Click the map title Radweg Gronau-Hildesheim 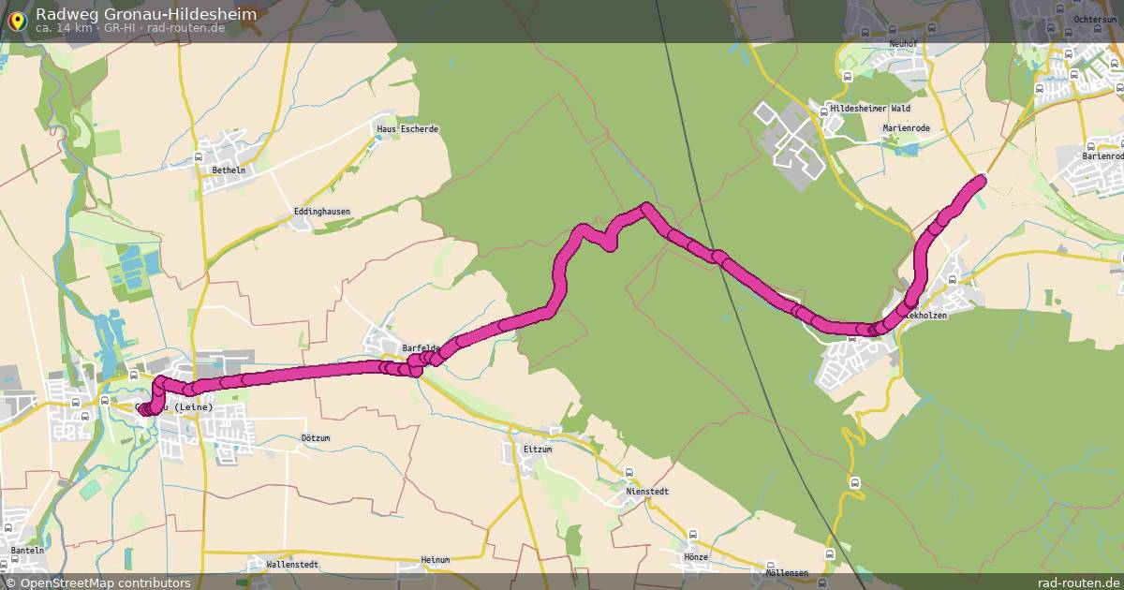point(145,14)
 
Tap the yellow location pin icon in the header point(16,21)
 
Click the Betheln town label point(229,170)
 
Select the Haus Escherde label point(407,129)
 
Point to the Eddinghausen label point(321,212)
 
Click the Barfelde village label point(421,348)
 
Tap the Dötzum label point(318,437)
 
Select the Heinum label point(436,560)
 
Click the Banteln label point(28,551)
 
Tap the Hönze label point(696,557)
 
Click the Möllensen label point(786,572)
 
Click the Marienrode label point(904,127)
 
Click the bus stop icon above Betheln point(199,156)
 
